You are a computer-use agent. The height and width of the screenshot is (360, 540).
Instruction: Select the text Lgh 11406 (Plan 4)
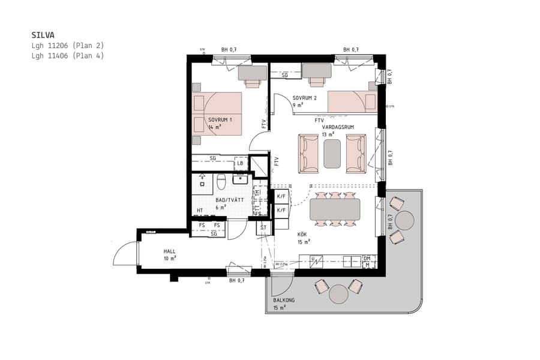pyautogui.click(x=68, y=55)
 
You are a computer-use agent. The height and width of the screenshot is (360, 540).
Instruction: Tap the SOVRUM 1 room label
pyautogui.click(x=220, y=119)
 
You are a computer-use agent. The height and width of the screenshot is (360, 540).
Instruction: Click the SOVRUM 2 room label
pyautogui.click(x=304, y=97)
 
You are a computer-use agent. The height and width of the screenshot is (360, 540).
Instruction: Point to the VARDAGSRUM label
pyautogui.click(x=338, y=127)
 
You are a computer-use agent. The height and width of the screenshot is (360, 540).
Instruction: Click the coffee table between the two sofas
pyautogui.click(x=332, y=154)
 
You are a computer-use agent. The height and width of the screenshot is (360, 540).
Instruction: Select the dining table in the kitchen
pyautogui.click(x=335, y=209)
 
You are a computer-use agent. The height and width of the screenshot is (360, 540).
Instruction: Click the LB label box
pyautogui.click(x=240, y=163)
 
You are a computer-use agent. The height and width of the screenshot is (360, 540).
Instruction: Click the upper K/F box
pyautogui.click(x=281, y=196)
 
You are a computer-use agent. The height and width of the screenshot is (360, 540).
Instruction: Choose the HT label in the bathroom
pyautogui.click(x=200, y=211)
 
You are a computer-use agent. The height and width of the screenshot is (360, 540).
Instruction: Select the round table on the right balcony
pyautogui.click(x=406, y=220)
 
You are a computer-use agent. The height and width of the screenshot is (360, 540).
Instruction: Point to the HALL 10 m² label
pyautogui.click(x=170, y=254)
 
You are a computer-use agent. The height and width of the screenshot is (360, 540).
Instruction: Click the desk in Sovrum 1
pyautogui.click(x=252, y=73)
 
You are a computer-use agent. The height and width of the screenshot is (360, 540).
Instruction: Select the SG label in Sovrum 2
pyautogui.click(x=284, y=75)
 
